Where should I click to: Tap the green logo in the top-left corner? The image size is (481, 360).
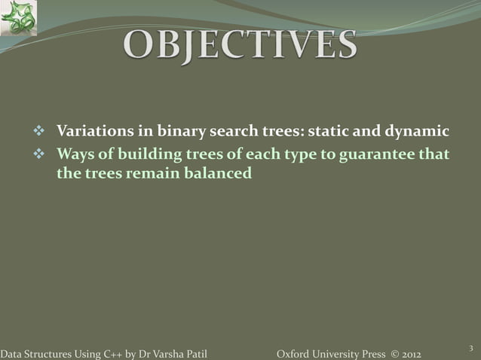(x=18, y=18)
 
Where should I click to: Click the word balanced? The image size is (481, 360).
(x=219, y=174)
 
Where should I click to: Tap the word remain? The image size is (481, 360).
(x=161, y=174)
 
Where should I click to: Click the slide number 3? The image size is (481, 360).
(x=470, y=347)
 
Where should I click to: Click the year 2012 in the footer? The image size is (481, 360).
(x=408, y=354)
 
